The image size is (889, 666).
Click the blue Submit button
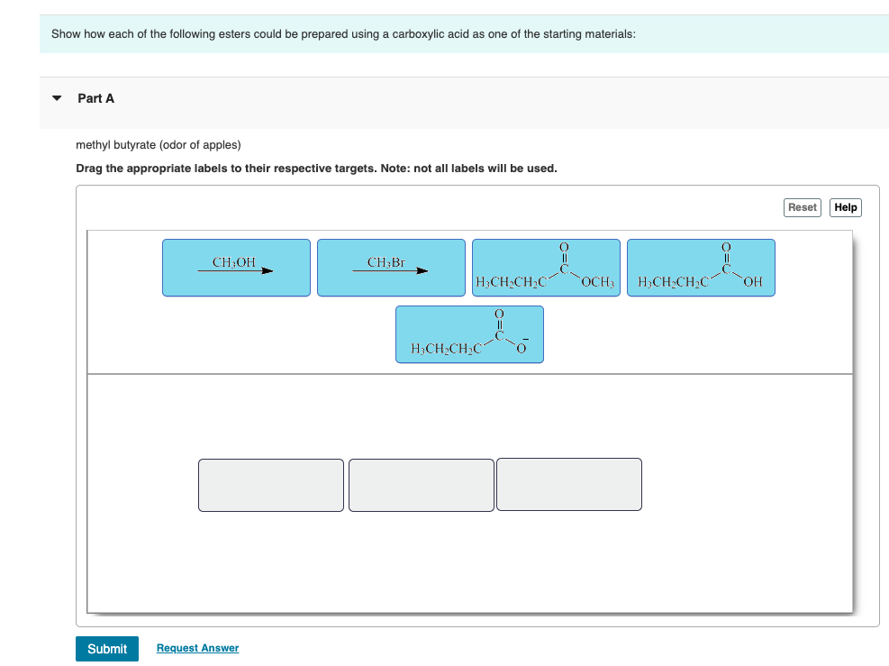[x=107, y=649]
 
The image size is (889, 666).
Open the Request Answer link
[x=197, y=648]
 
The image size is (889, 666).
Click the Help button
[x=845, y=207]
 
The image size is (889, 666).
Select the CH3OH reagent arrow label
[x=236, y=268]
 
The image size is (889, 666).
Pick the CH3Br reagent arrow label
[x=391, y=268]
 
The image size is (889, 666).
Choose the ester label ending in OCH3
[x=546, y=268]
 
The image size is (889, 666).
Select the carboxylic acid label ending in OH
[x=701, y=268]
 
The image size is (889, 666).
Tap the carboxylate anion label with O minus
[x=469, y=334]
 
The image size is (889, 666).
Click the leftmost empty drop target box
[x=271, y=485]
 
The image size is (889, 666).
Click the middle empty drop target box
[x=422, y=485]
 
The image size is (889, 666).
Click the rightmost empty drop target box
[x=569, y=485]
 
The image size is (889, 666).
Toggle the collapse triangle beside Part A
[x=58, y=98]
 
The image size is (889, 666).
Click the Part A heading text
[x=96, y=98]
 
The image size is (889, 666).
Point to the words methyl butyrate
[x=115, y=145]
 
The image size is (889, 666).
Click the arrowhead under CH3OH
[x=268, y=269]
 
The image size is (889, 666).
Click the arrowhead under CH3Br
[x=422, y=269]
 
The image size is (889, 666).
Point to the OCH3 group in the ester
[x=598, y=283]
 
